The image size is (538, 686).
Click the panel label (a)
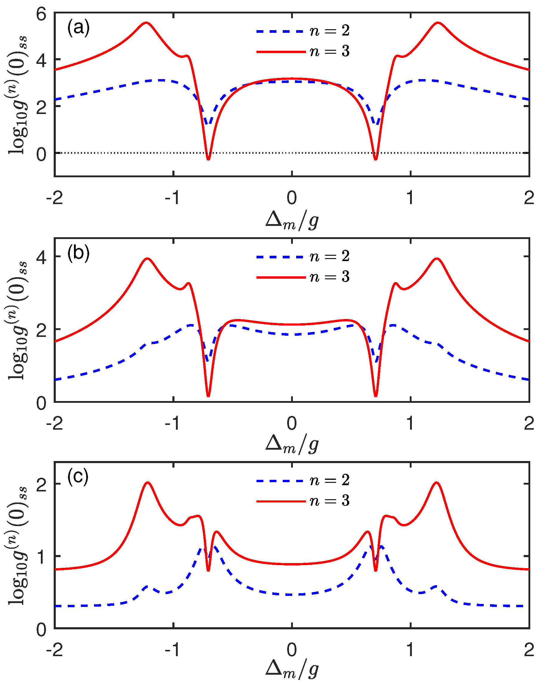[x=78, y=28]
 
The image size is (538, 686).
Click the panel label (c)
[x=78, y=477]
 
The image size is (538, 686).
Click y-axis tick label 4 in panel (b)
[x=41, y=257]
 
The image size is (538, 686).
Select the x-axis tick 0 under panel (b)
[x=292, y=423]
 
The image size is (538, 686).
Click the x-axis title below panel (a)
[x=292, y=221]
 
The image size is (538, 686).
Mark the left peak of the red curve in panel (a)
[x=146, y=23]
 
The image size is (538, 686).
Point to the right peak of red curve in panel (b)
[x=437, y=259]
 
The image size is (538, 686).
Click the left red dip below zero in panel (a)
[x=208, y=159]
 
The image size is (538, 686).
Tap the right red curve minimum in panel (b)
[x=375, y=396]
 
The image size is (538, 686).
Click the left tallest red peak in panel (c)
[x=148, y=483]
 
